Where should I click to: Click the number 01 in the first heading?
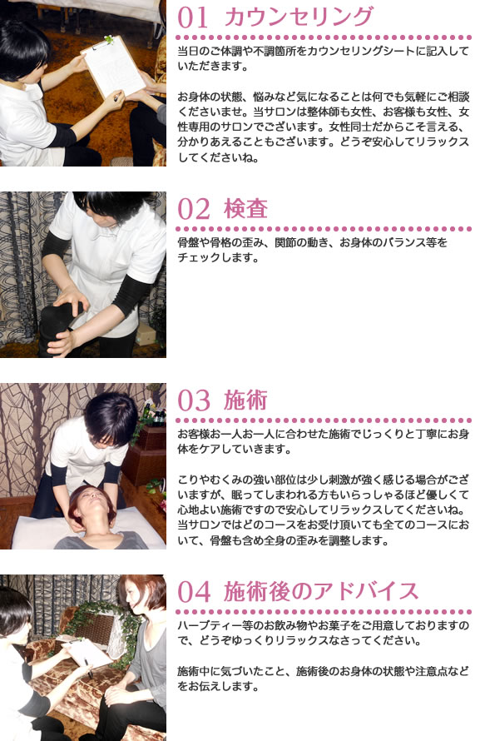coord(196,17)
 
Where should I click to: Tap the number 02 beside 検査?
coord(196,209)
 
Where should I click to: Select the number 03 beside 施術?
coord(196,400)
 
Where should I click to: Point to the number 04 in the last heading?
coord(196,592)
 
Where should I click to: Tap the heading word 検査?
coord(246,209)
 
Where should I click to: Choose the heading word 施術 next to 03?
coord(246,400)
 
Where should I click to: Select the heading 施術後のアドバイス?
coord(321,592)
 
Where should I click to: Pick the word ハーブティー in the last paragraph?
coord(206,624)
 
